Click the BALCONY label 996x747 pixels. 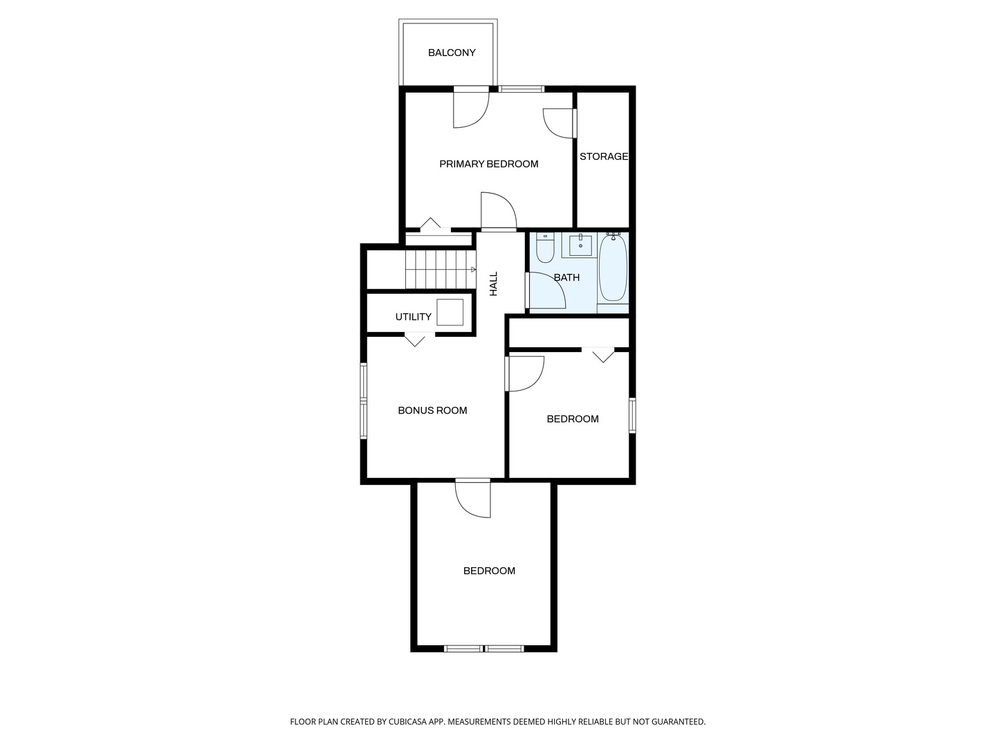[x=452, y=53]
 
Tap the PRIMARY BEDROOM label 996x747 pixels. [x=488, y=164]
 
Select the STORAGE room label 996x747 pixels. [x=603, y=156]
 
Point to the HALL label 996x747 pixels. [x=494, y=284]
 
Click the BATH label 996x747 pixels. [x=566, y=277]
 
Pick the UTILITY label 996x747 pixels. [x=413, y=317]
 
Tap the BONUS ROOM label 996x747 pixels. [x=432, y=410]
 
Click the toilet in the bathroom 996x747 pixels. [x=545, y=249]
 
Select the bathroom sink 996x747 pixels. [x=580, y=245]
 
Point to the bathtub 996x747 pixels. [x=613, y=268]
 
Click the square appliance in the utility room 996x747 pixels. [x=450, y=312]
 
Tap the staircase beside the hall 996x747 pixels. [x=440, y=269]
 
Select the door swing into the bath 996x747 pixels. [x=547, y=290]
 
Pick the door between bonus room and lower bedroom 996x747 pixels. [x=473, y=498]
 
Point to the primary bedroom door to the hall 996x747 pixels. [x=498, y=212]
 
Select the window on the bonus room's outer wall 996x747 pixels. [x=363, y=401]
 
